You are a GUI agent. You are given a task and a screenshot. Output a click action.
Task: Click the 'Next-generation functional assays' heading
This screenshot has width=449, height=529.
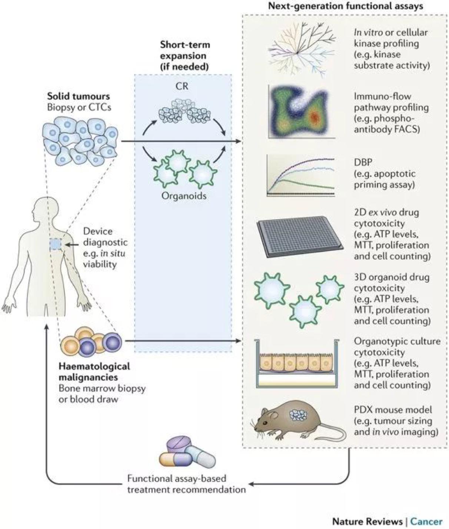click(x=345, y=6)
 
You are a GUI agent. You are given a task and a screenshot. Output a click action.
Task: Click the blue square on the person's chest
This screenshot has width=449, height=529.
click(x=56, y=244)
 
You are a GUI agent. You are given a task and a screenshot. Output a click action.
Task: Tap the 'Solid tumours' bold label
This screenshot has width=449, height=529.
click(x=79, y=96)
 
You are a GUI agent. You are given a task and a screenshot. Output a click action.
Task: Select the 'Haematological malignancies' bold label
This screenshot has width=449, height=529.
click(x=94, y=372)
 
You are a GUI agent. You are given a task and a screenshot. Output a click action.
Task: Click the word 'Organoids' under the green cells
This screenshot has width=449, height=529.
click(x=184, y=195)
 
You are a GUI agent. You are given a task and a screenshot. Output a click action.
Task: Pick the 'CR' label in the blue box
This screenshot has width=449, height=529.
click(x=182, y=86)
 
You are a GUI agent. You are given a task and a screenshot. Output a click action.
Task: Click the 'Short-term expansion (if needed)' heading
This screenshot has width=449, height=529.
click(x=185, y=56)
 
